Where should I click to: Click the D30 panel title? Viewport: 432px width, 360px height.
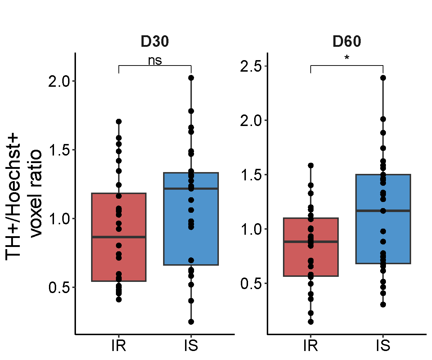(155, 42)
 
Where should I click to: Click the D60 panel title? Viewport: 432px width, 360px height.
(347, 42)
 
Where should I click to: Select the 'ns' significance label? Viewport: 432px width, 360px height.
(155, 60)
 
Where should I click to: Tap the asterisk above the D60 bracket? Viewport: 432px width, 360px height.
(347, 58)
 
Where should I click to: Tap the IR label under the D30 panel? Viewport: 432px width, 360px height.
(119, 346)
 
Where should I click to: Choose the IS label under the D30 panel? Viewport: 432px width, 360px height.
(191, 346)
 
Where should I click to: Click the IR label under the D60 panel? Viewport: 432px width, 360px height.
(310, 346)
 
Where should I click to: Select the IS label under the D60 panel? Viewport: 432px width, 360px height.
(383, 346)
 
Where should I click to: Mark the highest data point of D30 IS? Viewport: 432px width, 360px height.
(191, 78)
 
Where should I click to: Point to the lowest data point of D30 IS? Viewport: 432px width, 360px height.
(191, 321)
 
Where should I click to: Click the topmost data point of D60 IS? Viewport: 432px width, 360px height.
(383, 78)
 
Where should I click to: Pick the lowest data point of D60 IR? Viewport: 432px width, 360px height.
(310, 321)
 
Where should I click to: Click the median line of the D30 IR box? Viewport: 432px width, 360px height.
(119, 237)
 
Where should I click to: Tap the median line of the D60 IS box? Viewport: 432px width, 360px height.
(383, 211)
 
